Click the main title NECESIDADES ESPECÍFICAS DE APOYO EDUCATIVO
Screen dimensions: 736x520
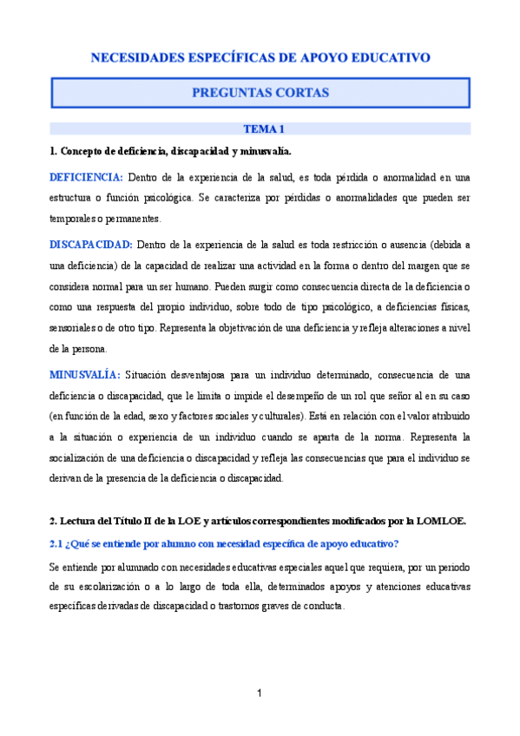click(x=260, y=58)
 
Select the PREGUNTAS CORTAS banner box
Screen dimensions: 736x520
click(x=260, y=92)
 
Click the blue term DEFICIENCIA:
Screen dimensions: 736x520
click(x=86, y=178)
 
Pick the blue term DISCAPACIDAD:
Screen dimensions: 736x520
click(x=90, y=245)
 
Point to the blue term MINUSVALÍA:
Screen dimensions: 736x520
click(x=84, y=375)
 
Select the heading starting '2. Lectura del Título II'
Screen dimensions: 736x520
click(x=258, y=521)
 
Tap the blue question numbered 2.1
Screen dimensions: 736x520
click(x=224, y=543)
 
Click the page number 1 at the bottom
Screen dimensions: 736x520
click(x=260, y=693)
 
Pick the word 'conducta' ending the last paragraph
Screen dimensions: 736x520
click(x=322, y=608)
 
